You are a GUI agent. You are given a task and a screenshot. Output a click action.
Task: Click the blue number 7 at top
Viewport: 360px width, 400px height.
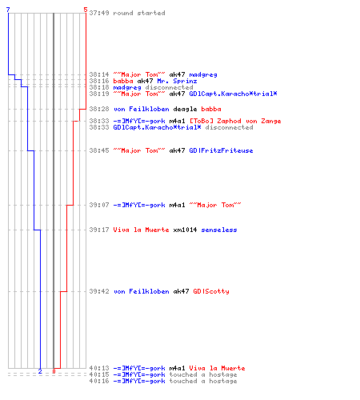pos(8,10)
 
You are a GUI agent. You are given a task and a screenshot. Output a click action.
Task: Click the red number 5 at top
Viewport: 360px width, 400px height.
pos(86,10)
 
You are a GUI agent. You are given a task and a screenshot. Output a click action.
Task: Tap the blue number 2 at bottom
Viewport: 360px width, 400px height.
pos(40,371)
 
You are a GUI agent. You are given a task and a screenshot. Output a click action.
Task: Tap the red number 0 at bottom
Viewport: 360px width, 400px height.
pos(54,371)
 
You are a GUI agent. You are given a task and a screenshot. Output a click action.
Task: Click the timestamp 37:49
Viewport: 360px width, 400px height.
pos(99,13)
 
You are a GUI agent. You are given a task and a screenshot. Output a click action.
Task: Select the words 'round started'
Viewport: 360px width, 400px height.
pos(139,13)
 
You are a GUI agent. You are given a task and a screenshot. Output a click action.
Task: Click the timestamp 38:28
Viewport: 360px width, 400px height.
pos(99,109)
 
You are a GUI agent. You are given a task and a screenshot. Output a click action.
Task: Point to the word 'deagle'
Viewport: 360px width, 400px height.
pos(185,109)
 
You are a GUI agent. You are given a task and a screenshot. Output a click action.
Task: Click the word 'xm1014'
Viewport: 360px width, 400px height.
pos(185,230)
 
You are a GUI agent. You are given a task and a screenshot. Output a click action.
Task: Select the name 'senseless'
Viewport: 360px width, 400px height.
pos(219,230)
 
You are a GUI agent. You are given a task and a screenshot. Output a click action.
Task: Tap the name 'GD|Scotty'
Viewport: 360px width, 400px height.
pos(211,291)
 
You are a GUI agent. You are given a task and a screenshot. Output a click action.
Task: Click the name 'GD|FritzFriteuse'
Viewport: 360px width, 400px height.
pos(221,150)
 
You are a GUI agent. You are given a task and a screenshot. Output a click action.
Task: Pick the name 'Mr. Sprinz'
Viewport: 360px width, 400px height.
pos(177,81)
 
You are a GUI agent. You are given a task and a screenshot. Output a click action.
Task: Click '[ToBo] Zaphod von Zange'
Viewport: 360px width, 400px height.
pos(235,121)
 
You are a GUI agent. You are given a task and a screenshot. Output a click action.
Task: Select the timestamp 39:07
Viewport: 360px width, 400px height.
pos(99,205)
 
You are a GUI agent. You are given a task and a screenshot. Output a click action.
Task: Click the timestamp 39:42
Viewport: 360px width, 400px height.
pos(99,291)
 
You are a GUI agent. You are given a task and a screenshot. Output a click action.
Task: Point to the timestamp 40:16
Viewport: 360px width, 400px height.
pos(99,381)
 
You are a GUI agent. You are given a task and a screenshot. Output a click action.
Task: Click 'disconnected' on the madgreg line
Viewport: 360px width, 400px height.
pos(169,87)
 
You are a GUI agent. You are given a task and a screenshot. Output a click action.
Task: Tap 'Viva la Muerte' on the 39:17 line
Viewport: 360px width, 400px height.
pos(141,230)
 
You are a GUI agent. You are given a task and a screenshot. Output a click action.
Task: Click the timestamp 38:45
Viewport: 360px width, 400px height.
pos(99,150)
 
